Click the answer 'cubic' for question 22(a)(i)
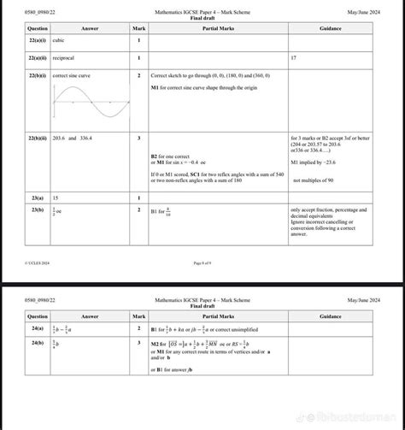coord(59,40)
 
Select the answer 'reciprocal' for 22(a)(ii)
coord(63,58)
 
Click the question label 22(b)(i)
coord(36,76)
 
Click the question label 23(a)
coord(36,197)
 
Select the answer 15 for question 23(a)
coord(56,197)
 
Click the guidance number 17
coord(293,58)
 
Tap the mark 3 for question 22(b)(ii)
coord(139,138)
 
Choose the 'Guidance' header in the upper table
coord(330,28)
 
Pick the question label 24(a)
coord(36,328)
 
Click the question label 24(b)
coord(36,343)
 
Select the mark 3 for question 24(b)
coord(139,343)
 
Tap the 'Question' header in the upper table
coord(37,28)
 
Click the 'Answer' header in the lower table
coord(90,316)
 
